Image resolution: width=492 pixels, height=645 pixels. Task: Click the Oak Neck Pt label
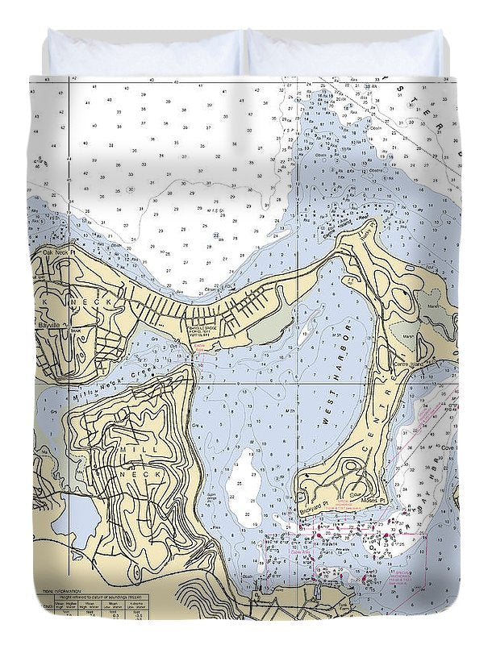[56, 252]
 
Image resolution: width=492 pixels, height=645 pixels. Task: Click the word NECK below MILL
[131, 476]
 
